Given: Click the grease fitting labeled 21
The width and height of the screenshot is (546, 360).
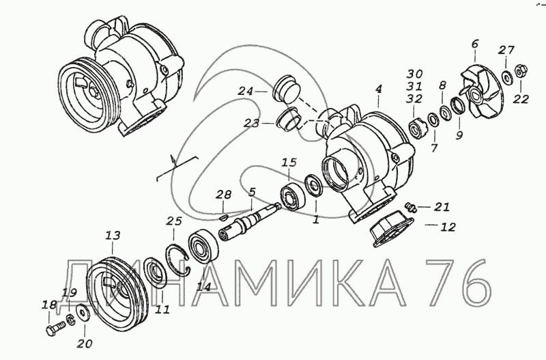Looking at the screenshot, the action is pos(410,207).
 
